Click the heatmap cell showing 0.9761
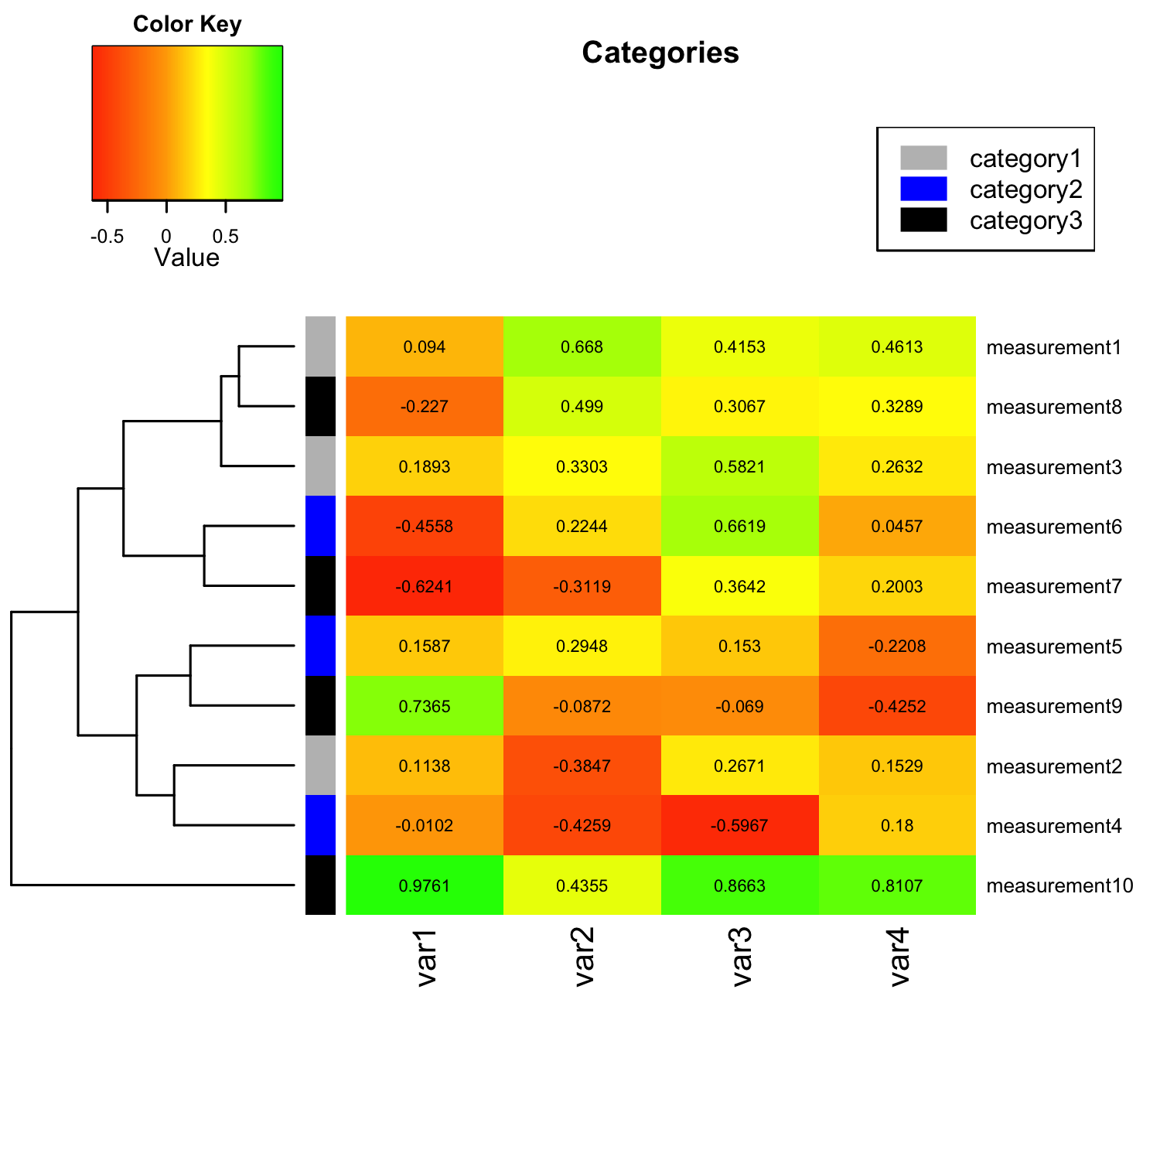425,885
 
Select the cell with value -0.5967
739,825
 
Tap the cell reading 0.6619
739,527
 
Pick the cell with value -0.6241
425,586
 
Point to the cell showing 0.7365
425,706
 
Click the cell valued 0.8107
897,885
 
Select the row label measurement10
1059,885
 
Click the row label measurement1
1053,347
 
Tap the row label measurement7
1053,586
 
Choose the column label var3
742,957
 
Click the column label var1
427,957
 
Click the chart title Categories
660,53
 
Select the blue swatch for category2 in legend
923,189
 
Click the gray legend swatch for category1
923,158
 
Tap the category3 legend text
1025,220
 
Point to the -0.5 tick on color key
107,236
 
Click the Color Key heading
187,24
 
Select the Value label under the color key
187,258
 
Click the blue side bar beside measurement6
320,527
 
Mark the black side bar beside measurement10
320,885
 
